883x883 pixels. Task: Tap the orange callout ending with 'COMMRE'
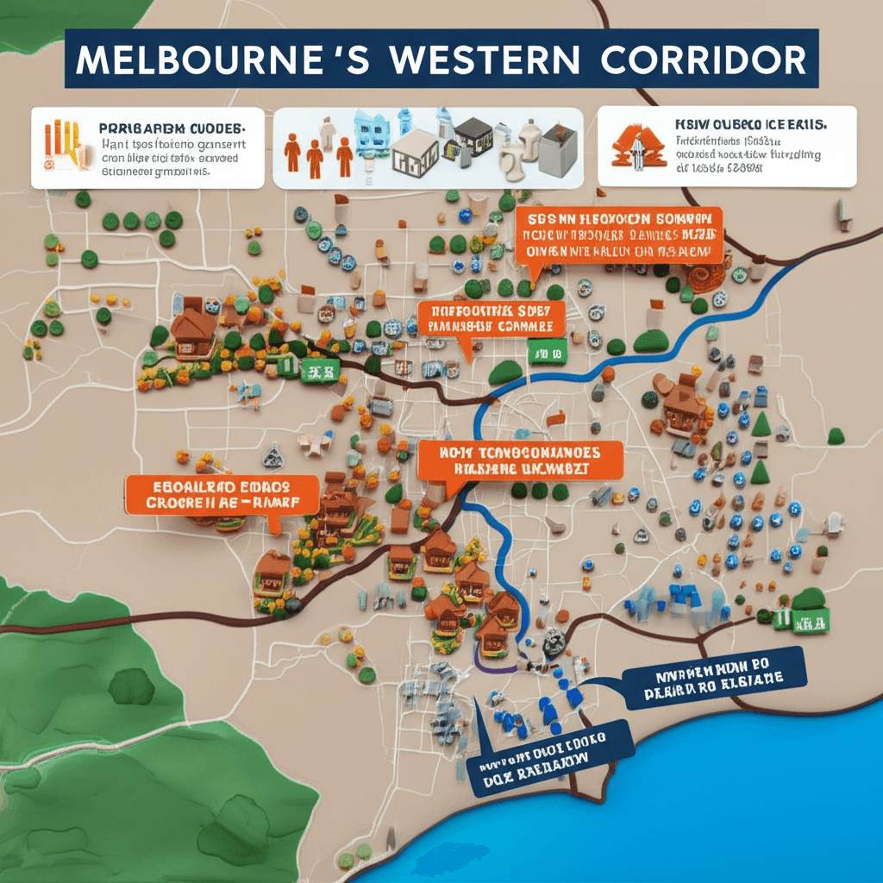point(490,318)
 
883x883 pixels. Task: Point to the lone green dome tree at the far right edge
point(835,436)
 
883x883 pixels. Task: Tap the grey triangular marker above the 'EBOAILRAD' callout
point(273,456)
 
